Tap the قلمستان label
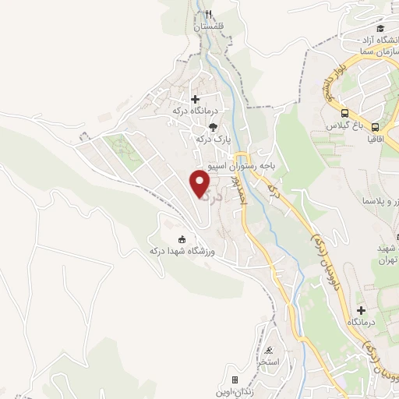tap(209, 26)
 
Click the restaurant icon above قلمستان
tap(209, 13)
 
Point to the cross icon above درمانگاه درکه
tap(195, 99)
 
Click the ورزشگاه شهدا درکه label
tap(182, 251)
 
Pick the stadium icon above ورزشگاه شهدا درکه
tap(182, 238)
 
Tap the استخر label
tap(270, 362)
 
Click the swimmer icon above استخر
tap(269, 350)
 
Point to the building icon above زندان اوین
tap(235, 380)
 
